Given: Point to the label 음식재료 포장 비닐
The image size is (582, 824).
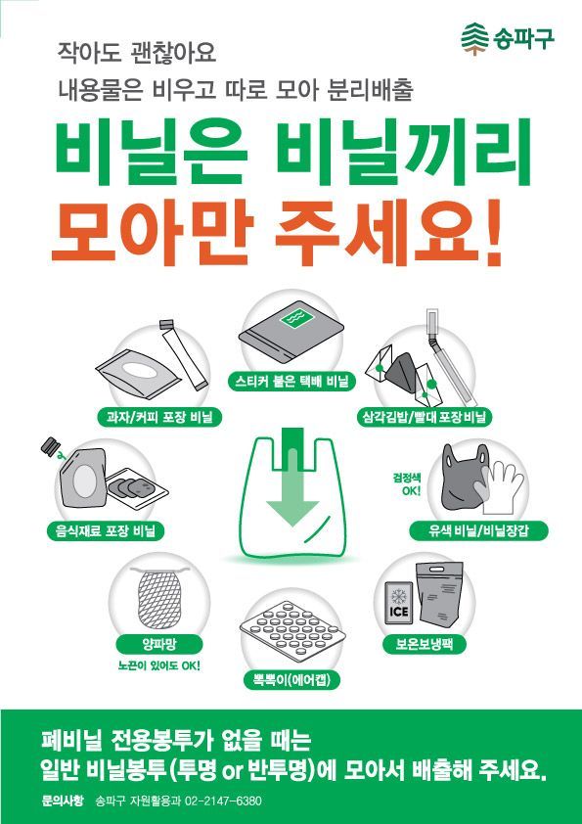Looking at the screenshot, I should [108, 530].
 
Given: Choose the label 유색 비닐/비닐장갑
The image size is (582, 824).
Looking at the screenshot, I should [479, 530].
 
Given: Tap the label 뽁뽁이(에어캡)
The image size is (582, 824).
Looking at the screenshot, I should [291, 680].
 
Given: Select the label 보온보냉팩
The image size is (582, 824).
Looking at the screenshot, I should [425, 645].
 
